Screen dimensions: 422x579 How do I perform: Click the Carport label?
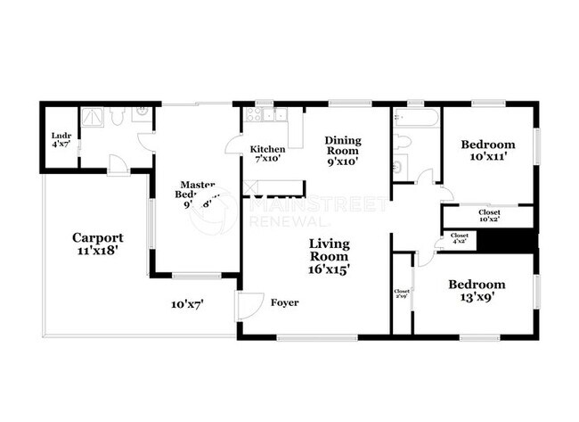(98, 244)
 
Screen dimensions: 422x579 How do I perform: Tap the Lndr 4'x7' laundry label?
(61, 138)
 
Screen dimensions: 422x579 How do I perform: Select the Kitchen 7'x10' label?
(267, 153)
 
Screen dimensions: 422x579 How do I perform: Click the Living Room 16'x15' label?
(330, 256)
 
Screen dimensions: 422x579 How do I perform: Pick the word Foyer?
(285, 303)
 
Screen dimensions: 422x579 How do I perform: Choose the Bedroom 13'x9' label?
(476, 291)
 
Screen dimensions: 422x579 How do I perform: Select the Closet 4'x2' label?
(460, 238)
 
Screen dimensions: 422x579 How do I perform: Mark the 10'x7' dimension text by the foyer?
(188, 304)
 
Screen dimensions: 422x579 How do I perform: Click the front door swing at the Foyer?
(245, 306)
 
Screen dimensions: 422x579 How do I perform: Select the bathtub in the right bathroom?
(414, 119)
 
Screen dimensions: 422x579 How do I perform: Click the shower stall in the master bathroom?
(92, 116)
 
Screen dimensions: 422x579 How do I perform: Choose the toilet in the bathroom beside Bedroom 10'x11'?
(402, 141)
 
